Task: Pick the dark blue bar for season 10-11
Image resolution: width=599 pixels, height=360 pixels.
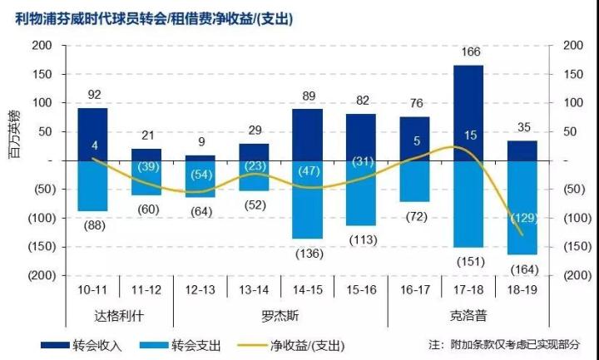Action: [x=92, y=134]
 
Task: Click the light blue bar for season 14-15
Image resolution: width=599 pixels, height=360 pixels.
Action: [x=308, y=200]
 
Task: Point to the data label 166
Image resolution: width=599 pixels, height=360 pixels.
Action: [x=469, y=52]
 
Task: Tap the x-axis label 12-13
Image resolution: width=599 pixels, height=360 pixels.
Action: [x=200, y=289]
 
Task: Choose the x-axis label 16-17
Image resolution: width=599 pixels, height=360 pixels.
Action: [x=414, y=289]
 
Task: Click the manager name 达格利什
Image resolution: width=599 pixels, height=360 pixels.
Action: [x=119, y=316]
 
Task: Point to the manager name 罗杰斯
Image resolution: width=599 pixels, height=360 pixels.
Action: [x=280, y=316]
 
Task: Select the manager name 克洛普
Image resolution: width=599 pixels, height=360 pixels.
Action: [x=468, y=316]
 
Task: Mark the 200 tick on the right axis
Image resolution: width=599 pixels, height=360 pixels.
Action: [x=574, y=45]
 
